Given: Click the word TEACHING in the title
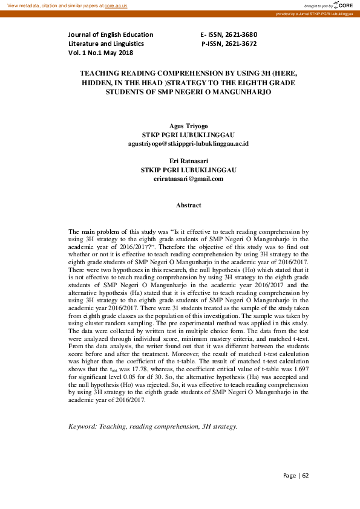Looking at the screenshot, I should [x=104, y=72].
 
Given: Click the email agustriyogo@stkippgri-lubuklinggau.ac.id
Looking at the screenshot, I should [x=188, y=144].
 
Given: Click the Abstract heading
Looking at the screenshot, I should [x=188, y=206].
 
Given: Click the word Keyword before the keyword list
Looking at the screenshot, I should [x=85, y=426].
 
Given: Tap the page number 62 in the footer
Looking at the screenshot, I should [x=306, y=475].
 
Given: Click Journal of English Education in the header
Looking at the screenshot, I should [x=111, y=34].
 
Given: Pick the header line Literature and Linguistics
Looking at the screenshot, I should [x=106, y=44].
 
